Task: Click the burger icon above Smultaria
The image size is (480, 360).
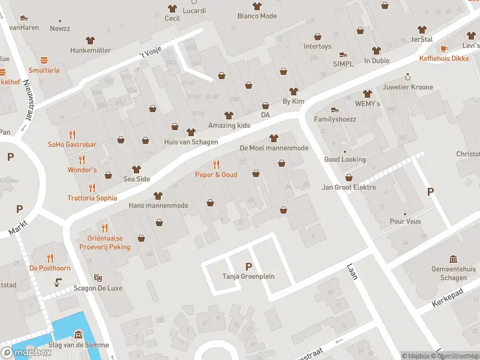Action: click(x=44, y=60)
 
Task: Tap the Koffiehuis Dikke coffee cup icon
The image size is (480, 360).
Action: click(x=444, y=49)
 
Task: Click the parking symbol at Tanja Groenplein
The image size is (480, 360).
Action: click(x=248, y=266)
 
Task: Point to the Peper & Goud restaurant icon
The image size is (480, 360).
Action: click(x=216, y=164)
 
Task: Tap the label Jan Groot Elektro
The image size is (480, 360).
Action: click(x=349, y=187)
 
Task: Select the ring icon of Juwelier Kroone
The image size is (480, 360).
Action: click(x=407, y=77)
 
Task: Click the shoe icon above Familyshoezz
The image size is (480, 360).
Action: click(x=335, y=109)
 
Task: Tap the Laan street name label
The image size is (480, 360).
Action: click(x=352, y=273)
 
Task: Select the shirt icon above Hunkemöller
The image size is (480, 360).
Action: click(x=91, y=40)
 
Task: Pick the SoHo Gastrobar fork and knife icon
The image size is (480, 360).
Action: click(x=73, y=134)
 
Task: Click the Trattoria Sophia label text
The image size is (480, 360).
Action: click(x=92, y=198)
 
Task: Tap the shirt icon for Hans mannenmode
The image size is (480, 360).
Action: click(x=158, y=196)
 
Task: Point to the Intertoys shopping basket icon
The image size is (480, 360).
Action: click(x=317, y=36)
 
